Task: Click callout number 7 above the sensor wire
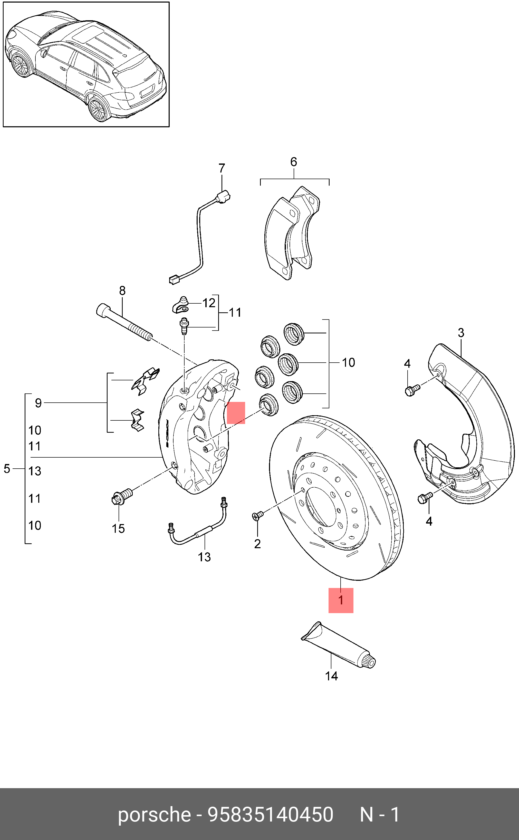pyautogui.click(x=222, y=168)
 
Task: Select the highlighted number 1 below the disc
pyautogui.click(x=341, y=600)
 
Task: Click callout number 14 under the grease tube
pyautogui.click(x=331, y=676)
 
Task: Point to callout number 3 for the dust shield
pyautogui.click(x=461, y=333)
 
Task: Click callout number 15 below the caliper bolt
pyautogui.click(x=118, y=528)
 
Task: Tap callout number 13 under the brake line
pyautogui.click(x=204, y=557)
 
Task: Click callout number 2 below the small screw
pyautogui.click(x=257, y=544)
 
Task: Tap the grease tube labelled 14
pyautogui.click(x=338, y=645)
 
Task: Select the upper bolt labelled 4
pyautogui.click(x=411, y=390)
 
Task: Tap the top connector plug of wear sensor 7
pyautogui.click(x=224, y=197)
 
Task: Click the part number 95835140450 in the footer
pyautogui.click(x=271, y=815)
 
